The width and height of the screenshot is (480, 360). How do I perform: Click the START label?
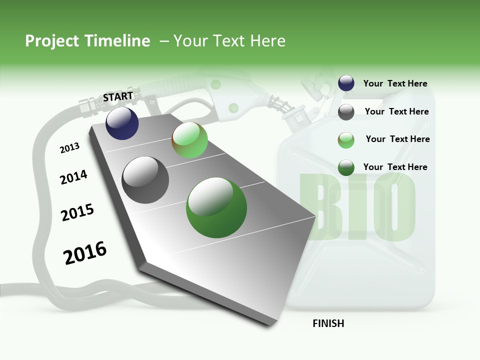pos(118,96)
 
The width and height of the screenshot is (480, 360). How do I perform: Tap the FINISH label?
pos(328,323)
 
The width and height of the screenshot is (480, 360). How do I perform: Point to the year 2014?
pos(73,177)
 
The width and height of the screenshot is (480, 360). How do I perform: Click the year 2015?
pos(77,212)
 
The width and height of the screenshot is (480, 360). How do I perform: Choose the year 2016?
pos(85,252)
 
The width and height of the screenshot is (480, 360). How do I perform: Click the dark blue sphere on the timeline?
pos(122,123)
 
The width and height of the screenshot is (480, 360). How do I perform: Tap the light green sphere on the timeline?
pos(189,140)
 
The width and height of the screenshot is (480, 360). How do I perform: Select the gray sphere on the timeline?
pos(145,179)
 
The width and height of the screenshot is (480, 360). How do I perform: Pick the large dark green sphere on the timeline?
pos(216,207)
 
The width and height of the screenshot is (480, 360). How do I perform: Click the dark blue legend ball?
pos(346,83)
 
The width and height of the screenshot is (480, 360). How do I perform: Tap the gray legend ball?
pos(346,112)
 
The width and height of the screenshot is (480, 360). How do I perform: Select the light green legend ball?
pos(346,140)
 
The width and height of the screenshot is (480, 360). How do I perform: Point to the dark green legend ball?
pos(346,167)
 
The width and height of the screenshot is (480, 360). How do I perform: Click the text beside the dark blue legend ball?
pos(395,83)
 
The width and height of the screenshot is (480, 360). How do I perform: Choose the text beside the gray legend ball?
pos(396,111)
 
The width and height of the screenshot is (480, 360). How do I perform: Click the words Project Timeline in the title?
pos(87,41)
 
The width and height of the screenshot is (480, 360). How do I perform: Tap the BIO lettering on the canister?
pos(357,207)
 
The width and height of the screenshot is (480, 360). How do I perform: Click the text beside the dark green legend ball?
pos(395,167)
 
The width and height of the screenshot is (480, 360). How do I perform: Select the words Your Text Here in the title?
pos(229,41)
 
